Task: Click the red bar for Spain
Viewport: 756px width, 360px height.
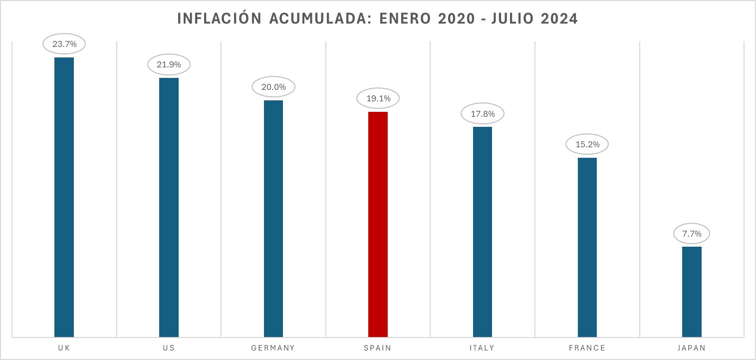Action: point(378,224)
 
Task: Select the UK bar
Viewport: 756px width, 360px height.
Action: point(64,197)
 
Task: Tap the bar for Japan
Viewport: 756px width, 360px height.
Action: point(692,292)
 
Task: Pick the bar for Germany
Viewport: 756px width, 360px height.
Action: point(273,219)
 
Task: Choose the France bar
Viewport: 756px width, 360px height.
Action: point(587,247)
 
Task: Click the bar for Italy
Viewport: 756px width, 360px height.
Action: point(483,232)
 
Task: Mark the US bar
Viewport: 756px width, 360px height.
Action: point(169,207)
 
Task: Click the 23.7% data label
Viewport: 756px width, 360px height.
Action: point(64,44)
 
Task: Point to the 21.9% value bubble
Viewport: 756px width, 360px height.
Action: point(169,65)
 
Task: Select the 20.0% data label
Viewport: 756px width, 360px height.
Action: point(273,87)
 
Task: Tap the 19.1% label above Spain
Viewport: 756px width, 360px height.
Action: point(378,98)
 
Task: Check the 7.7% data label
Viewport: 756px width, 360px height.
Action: point(692,233)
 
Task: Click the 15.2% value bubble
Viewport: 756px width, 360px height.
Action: point(587,145)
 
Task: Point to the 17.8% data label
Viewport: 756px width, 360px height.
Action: point(483,114)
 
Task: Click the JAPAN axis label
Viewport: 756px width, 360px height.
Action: point(692,348)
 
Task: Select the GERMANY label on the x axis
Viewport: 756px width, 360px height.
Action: point(273,348)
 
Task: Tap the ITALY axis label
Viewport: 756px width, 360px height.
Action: point(483,348)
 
